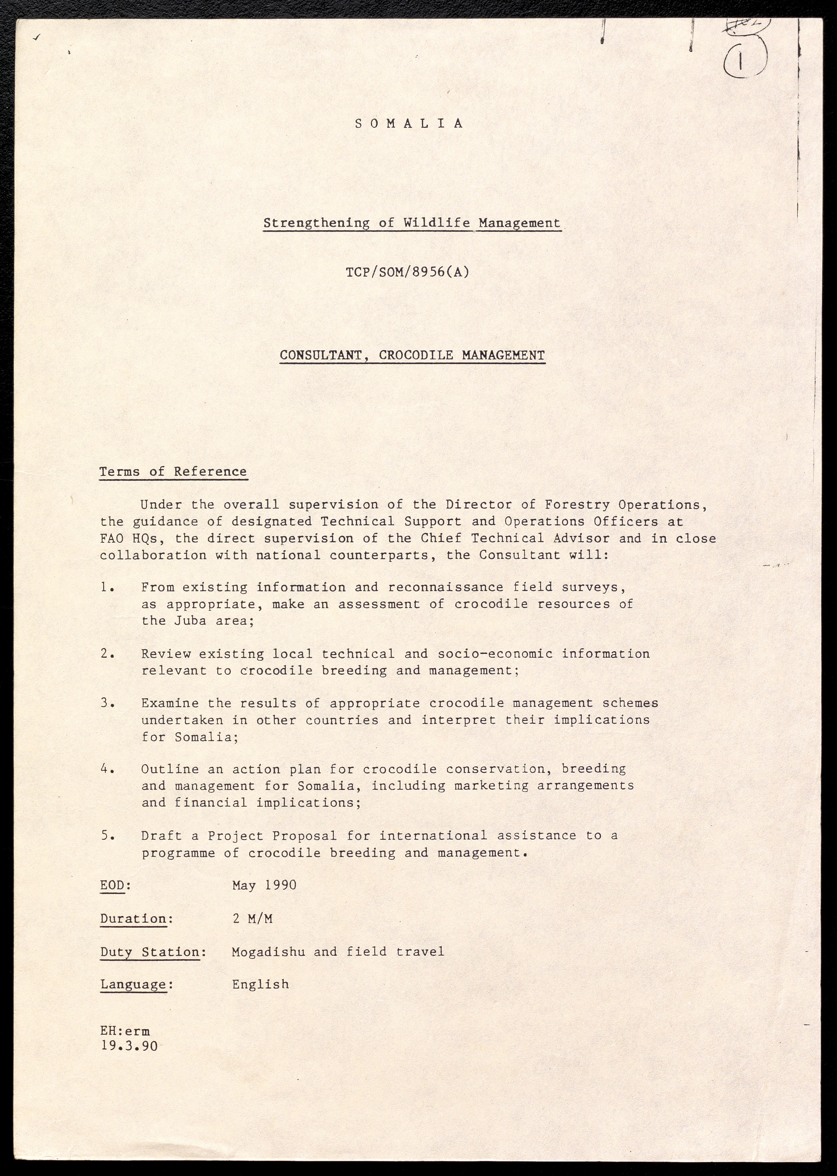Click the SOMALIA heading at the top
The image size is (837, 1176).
(x=410, y=124)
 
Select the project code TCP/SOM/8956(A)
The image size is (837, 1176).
(x=408, y=272)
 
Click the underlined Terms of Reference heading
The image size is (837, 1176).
(x=173, y=472)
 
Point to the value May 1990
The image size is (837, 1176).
(x=264, y=885)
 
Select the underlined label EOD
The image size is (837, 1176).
(x=112, y=885)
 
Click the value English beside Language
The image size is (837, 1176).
(x=260, y=984)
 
